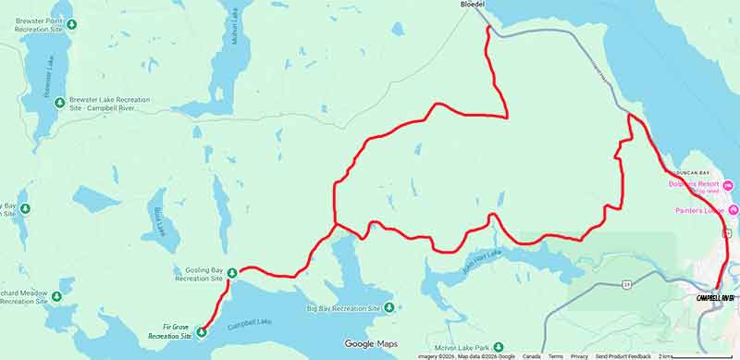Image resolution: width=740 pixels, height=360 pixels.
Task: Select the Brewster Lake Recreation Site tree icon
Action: [x=59, y=102]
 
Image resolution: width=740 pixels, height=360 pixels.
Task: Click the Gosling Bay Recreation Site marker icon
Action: [x=231, y=272]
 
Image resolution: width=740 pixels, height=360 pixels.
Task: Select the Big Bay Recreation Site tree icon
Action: [x=389, y=307]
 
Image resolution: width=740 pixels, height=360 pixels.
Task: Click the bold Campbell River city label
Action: [x=715, y=297]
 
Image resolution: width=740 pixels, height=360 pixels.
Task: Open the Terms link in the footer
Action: [x=555, y=356]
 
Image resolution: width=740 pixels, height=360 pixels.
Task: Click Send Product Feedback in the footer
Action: [x=623, y=356]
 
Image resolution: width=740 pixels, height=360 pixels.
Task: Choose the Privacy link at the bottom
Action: [x=579, y=356]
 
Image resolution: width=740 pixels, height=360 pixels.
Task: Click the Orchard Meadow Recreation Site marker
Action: [x=56, y=296]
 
